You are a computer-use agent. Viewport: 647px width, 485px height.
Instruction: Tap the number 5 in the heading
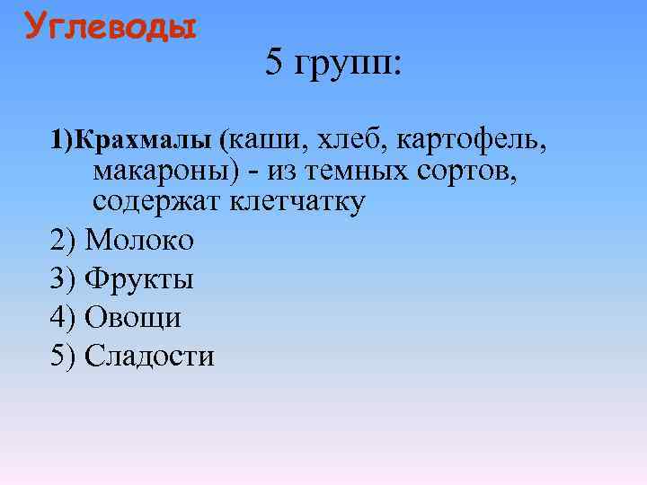(274, 63)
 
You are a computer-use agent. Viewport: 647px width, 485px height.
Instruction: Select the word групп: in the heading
(347, 65)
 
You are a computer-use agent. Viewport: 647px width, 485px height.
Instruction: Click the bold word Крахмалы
(145, 140)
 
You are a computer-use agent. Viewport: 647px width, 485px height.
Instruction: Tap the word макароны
(160, 171)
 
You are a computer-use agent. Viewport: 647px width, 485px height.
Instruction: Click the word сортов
(473, 171)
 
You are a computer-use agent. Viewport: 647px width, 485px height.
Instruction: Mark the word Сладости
(149, 357)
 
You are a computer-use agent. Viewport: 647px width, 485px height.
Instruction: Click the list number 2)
(64, 241)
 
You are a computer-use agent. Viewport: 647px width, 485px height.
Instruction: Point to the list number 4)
(64, 318)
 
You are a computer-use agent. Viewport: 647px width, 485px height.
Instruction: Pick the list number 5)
(64, 357)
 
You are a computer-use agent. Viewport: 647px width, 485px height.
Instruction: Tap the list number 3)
(64, 279)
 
